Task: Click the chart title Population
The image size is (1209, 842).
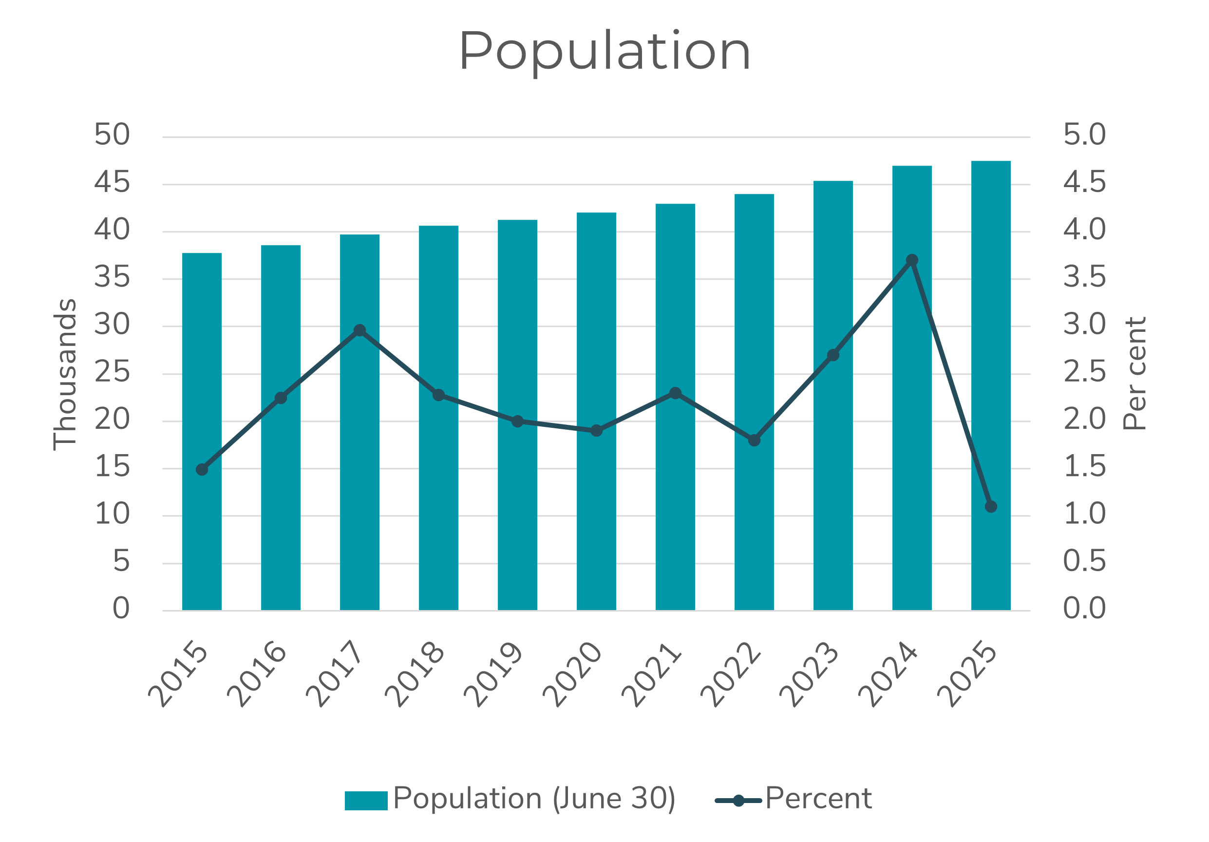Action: [604, 51]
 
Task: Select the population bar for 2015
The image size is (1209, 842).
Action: [202, 432]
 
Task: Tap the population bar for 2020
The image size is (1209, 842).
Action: [596, 411]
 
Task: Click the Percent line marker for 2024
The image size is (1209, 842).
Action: [912, 260]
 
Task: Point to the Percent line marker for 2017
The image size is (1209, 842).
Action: [359, 330]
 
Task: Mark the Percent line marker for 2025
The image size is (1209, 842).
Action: [990, 507]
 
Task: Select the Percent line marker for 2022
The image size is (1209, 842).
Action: [754, 440]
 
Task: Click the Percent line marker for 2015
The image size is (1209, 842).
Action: [202, 470]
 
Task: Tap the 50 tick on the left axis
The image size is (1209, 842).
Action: [112, 135]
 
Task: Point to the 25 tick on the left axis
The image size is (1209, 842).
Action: [112, 372]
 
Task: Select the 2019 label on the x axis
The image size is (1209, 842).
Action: [493, 674]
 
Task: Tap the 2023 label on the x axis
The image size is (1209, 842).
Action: [810, 674]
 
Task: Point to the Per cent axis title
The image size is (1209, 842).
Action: [1135, 373]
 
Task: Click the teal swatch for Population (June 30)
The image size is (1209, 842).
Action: [366, 801]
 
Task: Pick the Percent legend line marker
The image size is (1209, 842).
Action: [738, 801]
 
